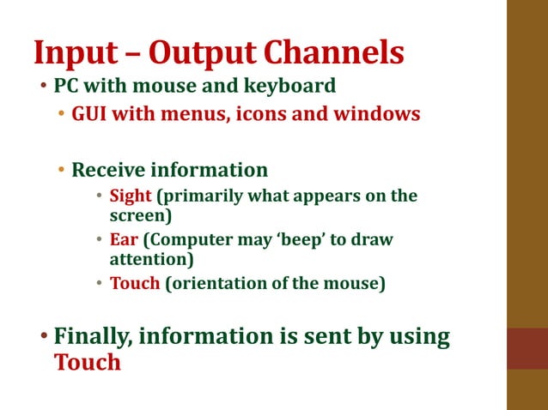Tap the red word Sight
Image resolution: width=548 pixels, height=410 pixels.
tap(130, 196)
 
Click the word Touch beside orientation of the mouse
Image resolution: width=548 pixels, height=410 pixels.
tap(135, 283)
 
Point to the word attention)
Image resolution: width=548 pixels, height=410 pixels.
tap(151, 258)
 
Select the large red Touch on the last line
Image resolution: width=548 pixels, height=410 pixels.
tap(87, 362)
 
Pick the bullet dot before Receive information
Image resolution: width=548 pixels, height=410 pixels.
tap(61, 170)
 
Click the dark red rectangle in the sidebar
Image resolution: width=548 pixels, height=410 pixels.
tap(527, 348)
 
